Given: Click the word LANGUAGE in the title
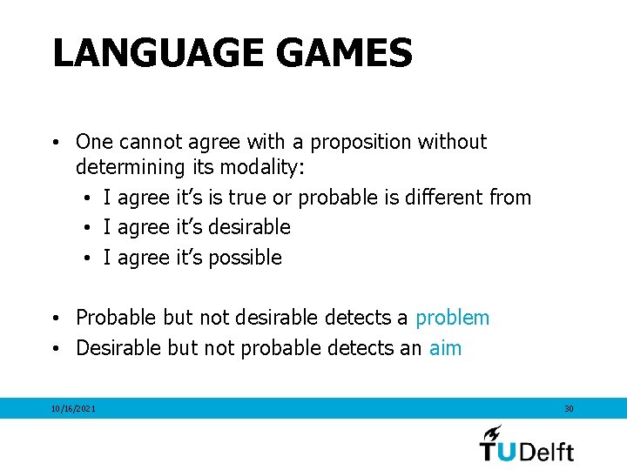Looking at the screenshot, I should pos(157,53).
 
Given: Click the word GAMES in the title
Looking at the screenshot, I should pos(342,53).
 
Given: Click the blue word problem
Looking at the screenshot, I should pos(452,319).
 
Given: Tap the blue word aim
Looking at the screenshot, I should pos(445,348).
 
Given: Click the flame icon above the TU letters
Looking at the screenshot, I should pos(492,433).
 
